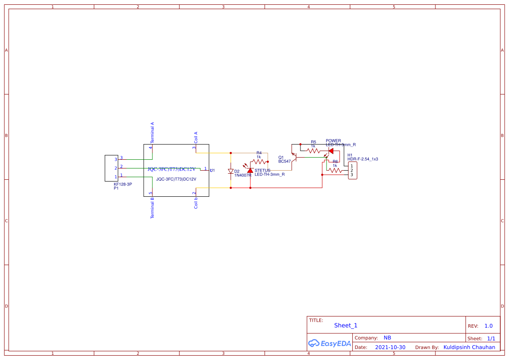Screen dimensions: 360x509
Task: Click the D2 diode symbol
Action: tap(231, 172)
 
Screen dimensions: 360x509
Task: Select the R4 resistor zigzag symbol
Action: tap(259, 161)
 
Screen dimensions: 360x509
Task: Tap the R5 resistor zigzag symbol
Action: tap(313, 151)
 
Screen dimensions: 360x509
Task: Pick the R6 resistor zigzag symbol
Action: tap(335, 170)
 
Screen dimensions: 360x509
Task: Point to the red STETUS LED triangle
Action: tap(250, 170)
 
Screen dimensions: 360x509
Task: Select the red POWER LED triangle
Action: tap(330, 151)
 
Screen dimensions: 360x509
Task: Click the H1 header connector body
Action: tap(352, 170)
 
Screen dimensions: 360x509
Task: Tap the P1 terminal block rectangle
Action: tap(111, 168)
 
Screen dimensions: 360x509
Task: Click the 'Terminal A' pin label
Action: tap(152, 132)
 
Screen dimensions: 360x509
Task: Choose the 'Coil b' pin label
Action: tap(196, 203)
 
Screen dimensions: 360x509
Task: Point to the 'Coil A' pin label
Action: tap(196, 137)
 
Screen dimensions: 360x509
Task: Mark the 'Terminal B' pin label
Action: tap(152, 208)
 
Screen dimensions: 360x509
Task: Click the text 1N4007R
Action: tap(243, 175)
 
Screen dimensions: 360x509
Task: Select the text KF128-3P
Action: tap(123, 184)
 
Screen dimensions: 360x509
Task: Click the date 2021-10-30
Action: tap(390, 347)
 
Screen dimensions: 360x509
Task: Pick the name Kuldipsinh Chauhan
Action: tap(469, 347)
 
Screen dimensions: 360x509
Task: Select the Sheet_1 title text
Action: tap(346, 325)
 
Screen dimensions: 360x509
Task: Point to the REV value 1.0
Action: tap(488, 326)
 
